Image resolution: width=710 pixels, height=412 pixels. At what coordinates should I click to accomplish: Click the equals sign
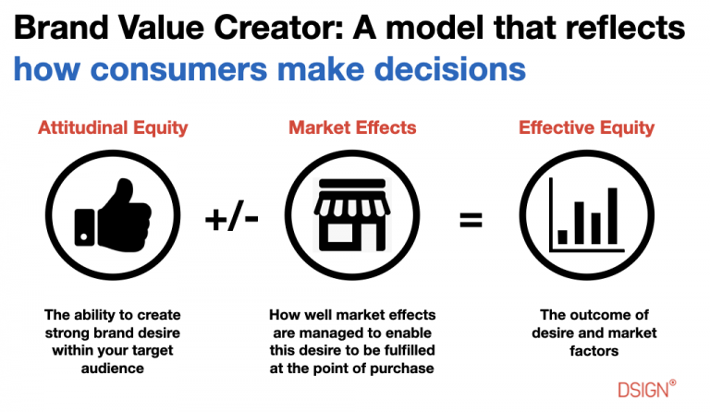(x=471, y=220)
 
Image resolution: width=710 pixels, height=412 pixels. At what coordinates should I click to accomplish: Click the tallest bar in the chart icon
(x=611, y=215)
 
